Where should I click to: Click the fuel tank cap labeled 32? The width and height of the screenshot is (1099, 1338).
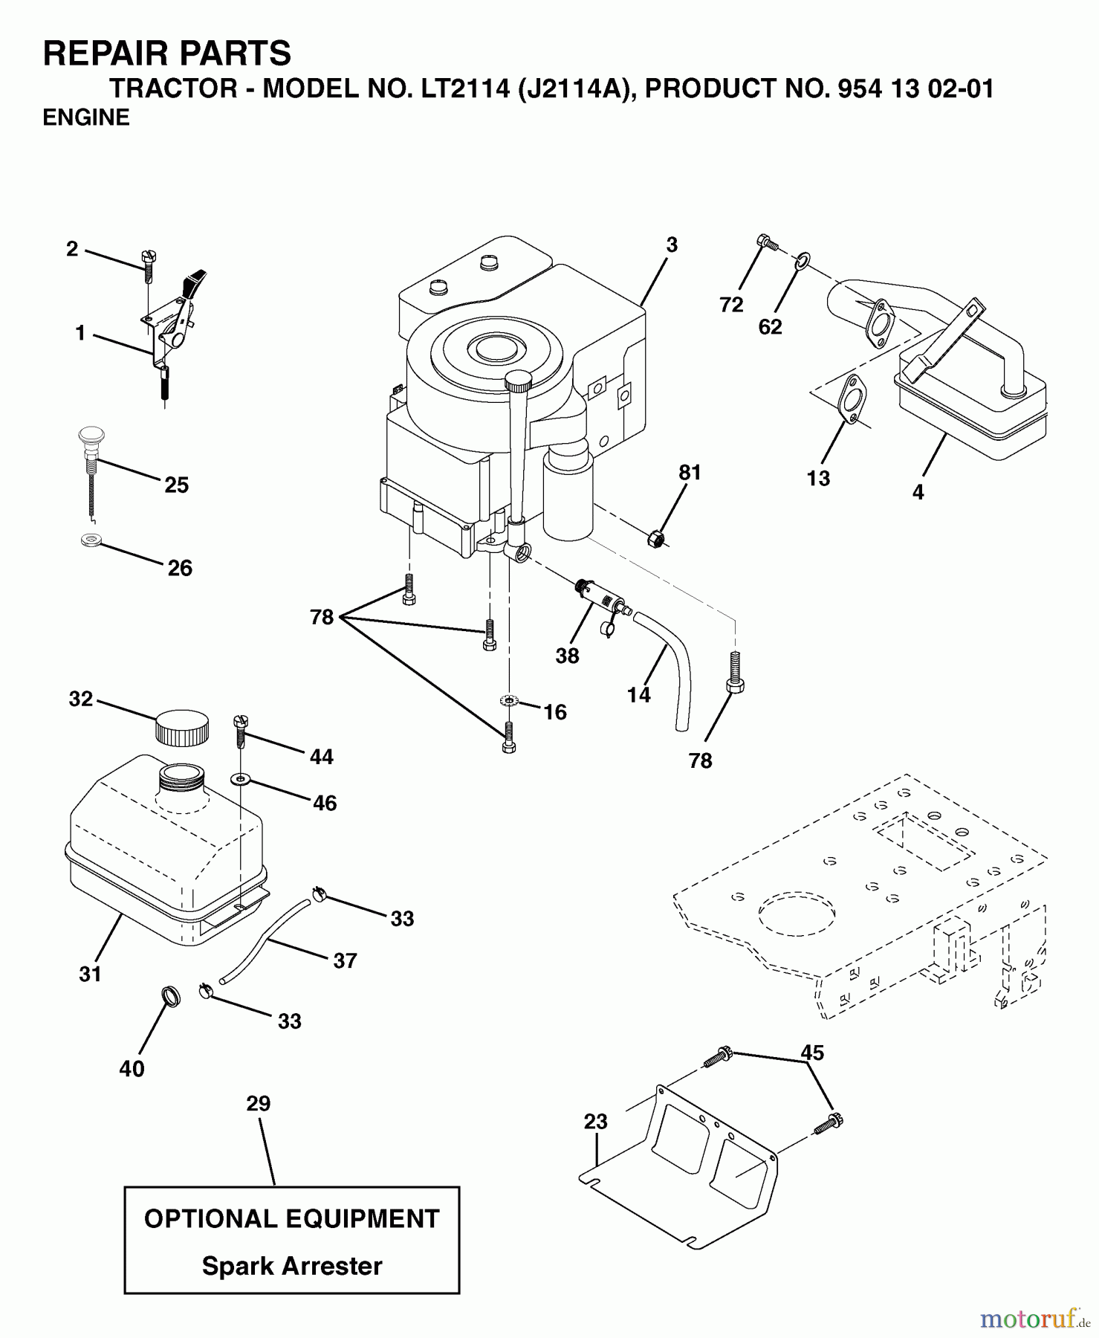[x=181, y=728]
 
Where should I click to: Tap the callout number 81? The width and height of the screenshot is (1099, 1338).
[x=690, y=473]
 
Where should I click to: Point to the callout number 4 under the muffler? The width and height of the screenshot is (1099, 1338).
[x=918, y=492]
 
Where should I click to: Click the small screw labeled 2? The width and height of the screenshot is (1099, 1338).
[x=147, y=265]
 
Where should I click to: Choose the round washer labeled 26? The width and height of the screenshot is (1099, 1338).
[x=91, y=539]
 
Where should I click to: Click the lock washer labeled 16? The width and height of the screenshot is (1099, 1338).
[x=508, y=701]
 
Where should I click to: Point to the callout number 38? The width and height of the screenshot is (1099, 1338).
[x=567, y=656]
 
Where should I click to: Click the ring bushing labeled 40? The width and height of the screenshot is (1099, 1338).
[x=171, y=996]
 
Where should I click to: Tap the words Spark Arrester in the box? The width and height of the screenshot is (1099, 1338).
[x=292, y=1266]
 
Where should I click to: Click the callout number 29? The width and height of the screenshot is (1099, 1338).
[x=258, y=1104]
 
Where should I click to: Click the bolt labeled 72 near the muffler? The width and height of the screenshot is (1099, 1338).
[x=765, y=242]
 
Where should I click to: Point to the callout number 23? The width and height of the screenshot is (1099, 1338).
[x=595, y=1122]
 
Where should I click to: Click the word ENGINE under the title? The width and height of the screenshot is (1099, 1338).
[x=86, y=117]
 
